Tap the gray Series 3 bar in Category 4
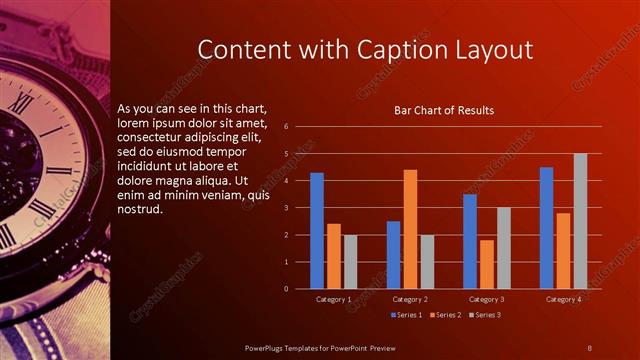tap(580, 221)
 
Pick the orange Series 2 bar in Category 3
tap(487, 264)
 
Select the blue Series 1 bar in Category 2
tap(393, 255)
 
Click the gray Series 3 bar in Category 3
tap(504, 248)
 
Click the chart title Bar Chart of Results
tap(443, 110)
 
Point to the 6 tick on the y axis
tap(286, 127)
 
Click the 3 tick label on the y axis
tap(286, 208)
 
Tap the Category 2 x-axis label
tap(410, 299)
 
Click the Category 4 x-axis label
tap(563, 299)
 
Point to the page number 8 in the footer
tap(589, 347)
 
